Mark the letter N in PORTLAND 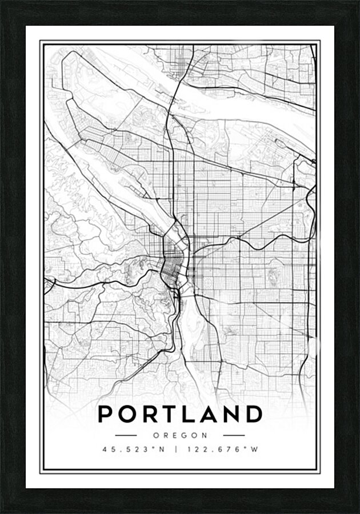coord(233,414)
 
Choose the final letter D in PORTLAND coord(255,414)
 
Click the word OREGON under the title coord(180,435)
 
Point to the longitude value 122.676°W coord(222,449)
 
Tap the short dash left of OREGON coord(126,435)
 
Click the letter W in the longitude coord(255,449)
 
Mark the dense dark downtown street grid coord(171,267)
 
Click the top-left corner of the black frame coord(3,3)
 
